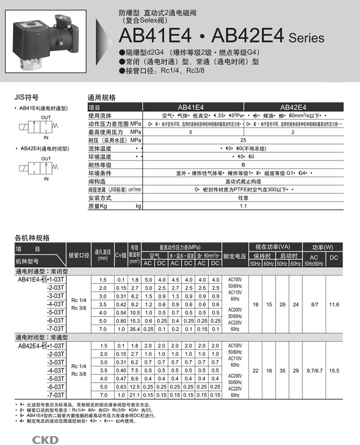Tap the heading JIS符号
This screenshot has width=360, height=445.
coord(27,97)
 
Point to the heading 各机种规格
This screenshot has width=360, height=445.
coord(32,238)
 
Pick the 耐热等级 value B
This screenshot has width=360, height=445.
coord(243,165)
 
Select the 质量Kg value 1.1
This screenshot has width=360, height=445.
coord(243,206)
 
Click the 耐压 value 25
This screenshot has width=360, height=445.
coord(243,140)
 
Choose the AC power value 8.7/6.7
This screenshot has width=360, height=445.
coord(314,370)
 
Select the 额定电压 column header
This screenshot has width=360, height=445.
coord(235,256)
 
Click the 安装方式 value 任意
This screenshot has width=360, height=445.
coord(243,198)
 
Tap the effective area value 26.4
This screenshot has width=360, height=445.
coord(135,329)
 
